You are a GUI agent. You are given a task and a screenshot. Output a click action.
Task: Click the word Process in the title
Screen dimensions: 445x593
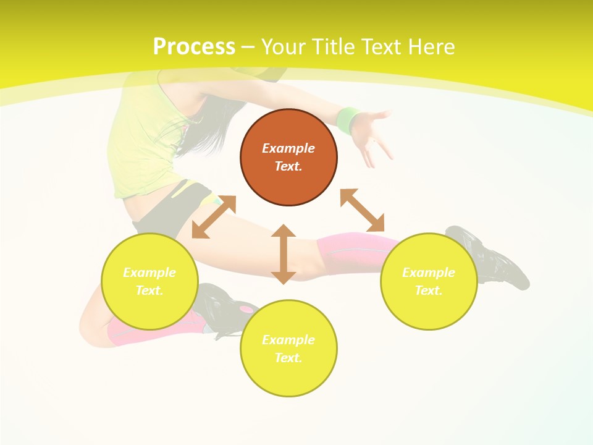194,47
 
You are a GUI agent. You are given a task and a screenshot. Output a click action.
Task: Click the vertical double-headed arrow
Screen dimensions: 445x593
284,254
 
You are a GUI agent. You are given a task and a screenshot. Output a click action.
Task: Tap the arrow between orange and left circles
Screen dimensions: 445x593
214,217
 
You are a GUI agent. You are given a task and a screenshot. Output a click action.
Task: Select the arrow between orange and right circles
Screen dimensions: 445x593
362,211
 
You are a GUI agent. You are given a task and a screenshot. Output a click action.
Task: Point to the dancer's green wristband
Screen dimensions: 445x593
348,120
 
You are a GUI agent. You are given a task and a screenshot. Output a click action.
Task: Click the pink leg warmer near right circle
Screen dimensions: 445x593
349,250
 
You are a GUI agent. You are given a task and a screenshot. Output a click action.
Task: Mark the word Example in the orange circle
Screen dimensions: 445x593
288,148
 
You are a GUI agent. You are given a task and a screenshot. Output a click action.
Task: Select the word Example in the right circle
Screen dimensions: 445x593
429,273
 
